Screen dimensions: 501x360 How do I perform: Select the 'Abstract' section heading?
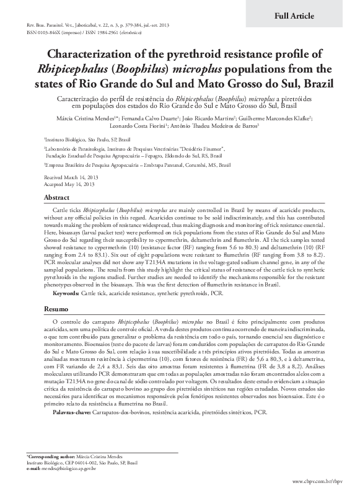56,197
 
